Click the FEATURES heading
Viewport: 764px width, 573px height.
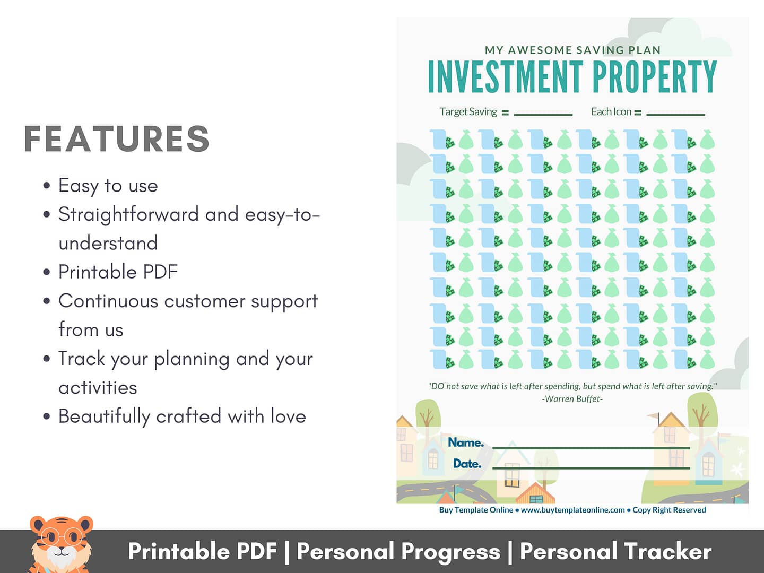pyautogui.click(x=117, y=138)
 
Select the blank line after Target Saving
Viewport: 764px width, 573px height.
pyautogui.click(x=543, y=115)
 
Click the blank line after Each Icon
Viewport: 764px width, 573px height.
pyautogui.click(x=675, y=115)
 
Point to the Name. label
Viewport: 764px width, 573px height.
pyautogui.click(x=466, y=442)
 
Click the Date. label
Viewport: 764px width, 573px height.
pyautogui.click(x=467, y=463)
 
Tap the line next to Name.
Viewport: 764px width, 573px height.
pyautogui.click(x=591, y=448)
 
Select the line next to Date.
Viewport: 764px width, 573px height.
pyautogui.click(x=591, y=468)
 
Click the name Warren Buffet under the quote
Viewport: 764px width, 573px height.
pyautogui.click(x=572, y=399)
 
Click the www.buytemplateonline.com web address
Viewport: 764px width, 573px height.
pyautogui.click(x=573, y=510)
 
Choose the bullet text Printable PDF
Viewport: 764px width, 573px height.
pyautogui.click(x=118, y=272)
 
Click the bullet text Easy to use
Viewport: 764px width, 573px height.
pyautogui.click(x=108, y=186)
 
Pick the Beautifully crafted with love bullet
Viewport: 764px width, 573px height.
pyautogui.click(x=183, y=416)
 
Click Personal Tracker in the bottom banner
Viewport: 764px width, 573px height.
pyautogui.click(x=616, y=552)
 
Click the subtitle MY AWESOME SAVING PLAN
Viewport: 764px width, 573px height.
pyautogui.click(x=573, y=50)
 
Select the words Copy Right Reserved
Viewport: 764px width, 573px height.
pyautogui.click(x=669, y=510)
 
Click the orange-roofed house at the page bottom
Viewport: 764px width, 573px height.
pyautogui.click(x=536, y=493)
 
